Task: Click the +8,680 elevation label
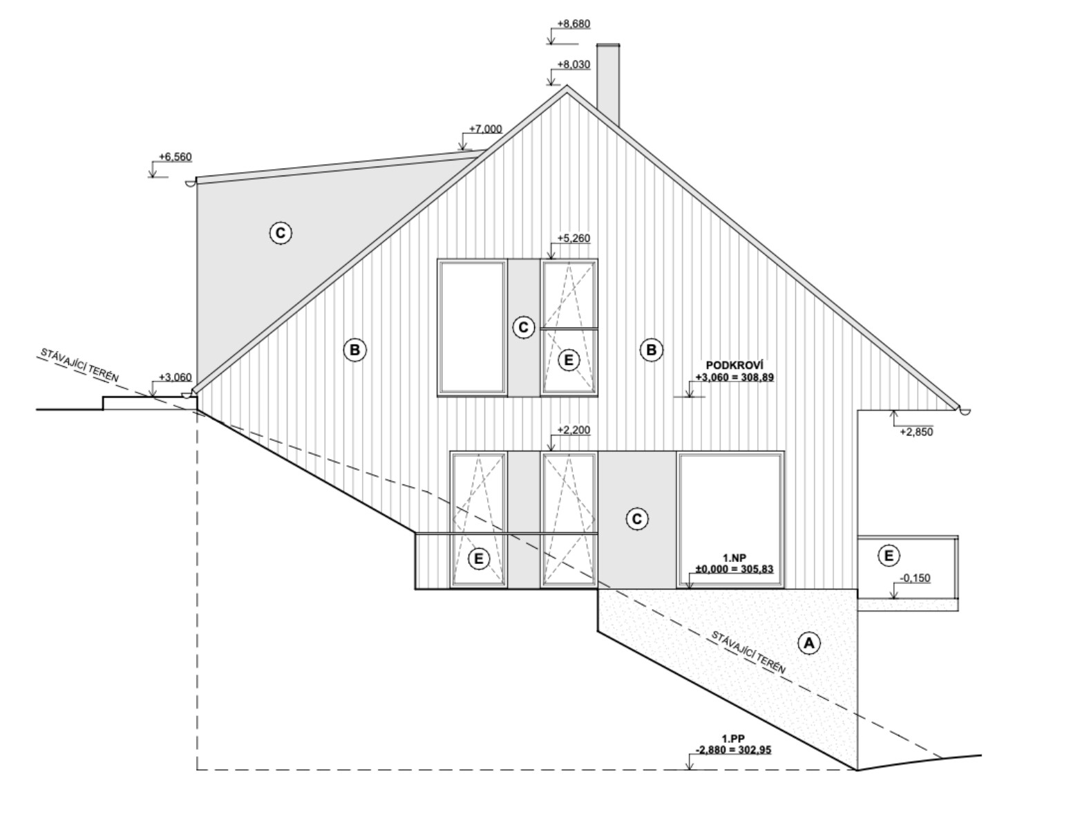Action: [574, 23]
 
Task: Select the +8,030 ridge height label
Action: [574, 64]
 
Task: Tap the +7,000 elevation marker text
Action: [486, 129]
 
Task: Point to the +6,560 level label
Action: [176, 157]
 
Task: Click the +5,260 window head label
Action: [574, 238]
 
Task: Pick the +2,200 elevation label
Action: [574, 430]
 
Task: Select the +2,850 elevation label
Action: [916, 432]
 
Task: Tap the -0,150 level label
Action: [916, 578]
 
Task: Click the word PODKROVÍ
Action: [734, 366]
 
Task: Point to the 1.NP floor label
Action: [734, 558]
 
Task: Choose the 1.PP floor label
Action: [733, 739]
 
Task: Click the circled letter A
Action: [809, 643]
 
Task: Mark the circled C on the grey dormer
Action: [281, 233]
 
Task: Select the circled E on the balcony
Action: [889, 556]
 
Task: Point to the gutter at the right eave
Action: [964, 411]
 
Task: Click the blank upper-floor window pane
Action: [472, 327]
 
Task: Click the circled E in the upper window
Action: [569, 360]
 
